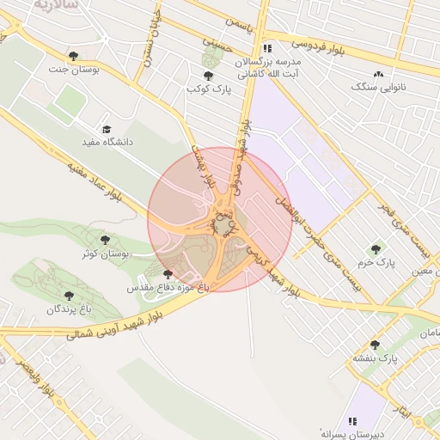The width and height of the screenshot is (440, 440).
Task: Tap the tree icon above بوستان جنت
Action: click(x=74, y=56)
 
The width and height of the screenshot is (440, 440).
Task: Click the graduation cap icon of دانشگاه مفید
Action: click(x=107, y=129)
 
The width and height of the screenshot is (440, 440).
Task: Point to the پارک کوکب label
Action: click(x=208, y=89)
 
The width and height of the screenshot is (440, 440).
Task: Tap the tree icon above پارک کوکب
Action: click(x=208, y=76)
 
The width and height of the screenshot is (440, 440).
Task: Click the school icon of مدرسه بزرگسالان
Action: click(x=268, y=48)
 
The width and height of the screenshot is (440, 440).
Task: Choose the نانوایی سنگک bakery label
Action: click(x=378, y=87)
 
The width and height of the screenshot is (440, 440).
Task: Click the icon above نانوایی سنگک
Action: click(x=378, y=74)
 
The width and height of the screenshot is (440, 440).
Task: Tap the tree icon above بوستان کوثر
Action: click(x=105, y=240)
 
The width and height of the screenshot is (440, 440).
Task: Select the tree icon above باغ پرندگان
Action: click(x=69, y=295)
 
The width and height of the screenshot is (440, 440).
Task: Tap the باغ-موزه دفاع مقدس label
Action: click(x=168, y=288)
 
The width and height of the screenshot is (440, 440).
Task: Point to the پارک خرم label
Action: click(x=376, y=263)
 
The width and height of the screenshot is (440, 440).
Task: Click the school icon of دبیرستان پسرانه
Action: click(x=351, y=421)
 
